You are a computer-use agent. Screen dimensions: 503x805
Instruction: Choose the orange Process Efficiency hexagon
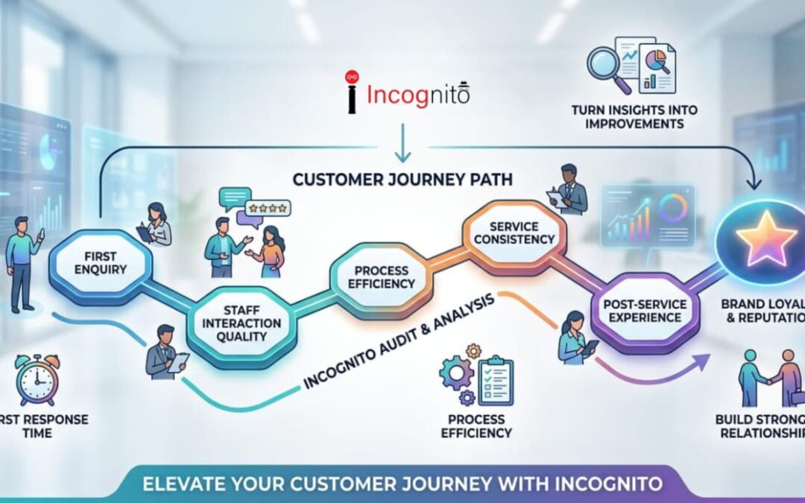tap(385, 276)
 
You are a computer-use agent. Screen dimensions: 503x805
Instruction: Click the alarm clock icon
tap(37, 379)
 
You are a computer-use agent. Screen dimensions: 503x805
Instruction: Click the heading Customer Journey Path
tap(402, 180)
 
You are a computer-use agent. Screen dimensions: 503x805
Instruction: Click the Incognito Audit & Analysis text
tap(395, 340)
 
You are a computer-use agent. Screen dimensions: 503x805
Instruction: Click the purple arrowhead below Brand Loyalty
tap(700, 361)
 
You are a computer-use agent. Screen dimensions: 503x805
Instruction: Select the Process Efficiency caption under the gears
tap(476, 426)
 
